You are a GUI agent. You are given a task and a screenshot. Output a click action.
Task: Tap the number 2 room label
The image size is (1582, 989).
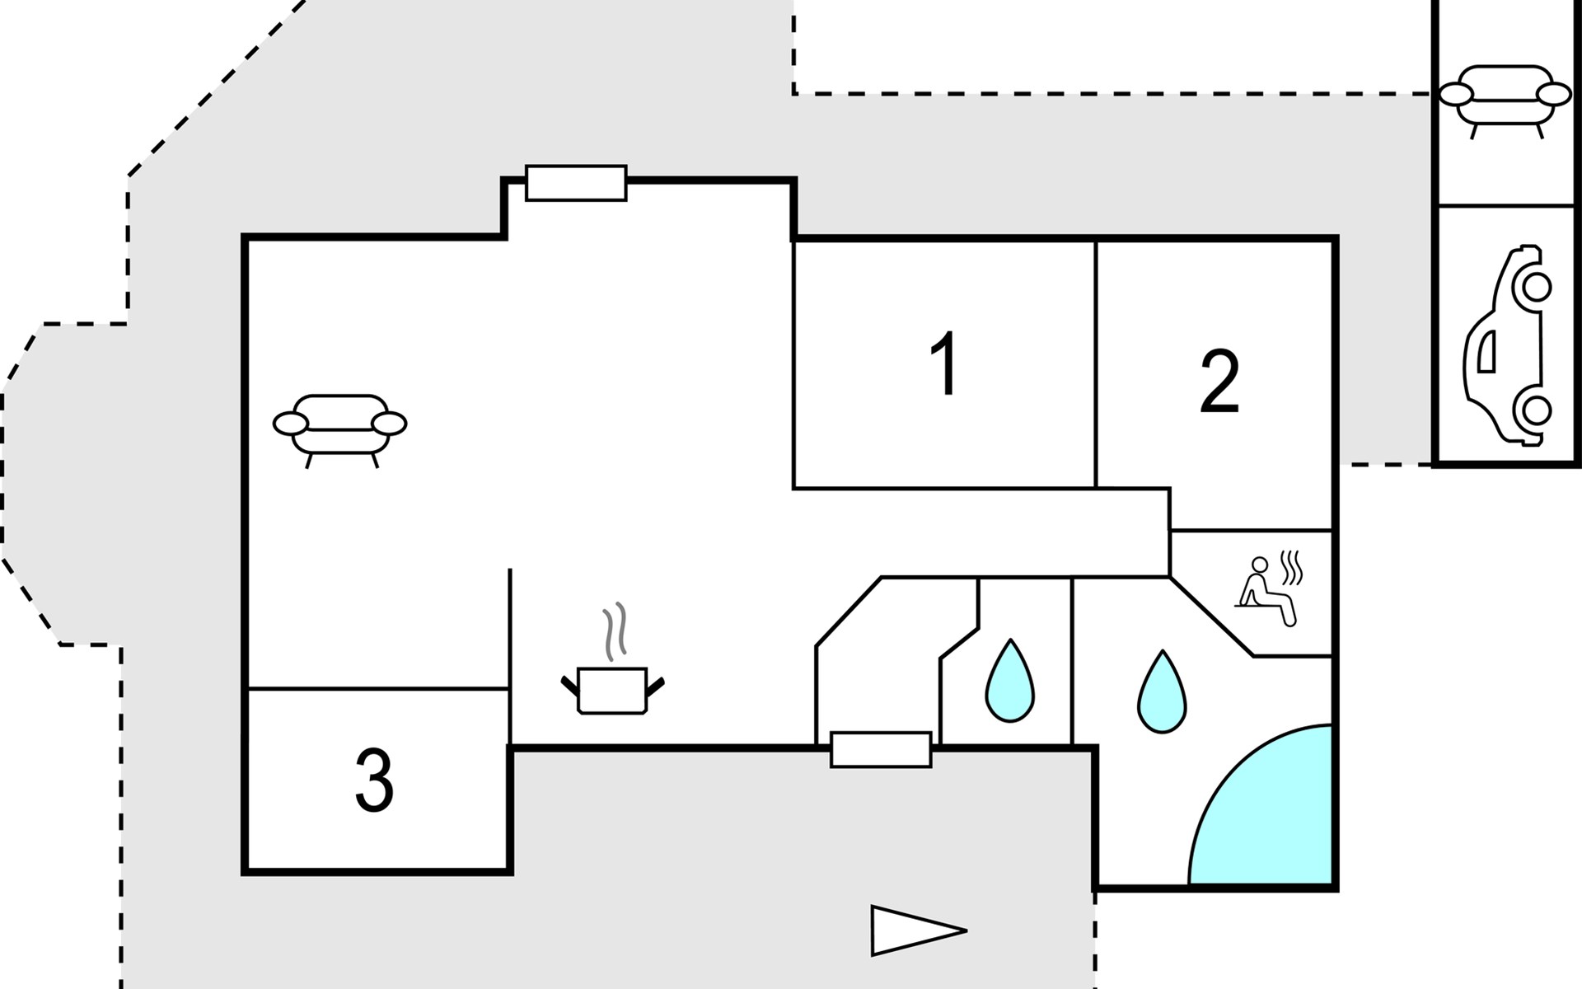point(1219,382)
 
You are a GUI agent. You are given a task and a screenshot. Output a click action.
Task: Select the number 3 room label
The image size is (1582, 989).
point(374,780)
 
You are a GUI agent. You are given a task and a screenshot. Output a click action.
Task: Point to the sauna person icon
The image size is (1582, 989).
point(1266,592)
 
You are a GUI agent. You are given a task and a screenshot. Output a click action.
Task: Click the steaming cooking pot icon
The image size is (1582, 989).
point(612,689)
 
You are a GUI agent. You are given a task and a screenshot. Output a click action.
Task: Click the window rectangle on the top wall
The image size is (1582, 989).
point(576,183)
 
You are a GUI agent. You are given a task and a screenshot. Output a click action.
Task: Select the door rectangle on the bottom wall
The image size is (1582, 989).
point(881,750)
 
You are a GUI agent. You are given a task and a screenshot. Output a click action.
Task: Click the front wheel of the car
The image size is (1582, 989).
point(1535,287)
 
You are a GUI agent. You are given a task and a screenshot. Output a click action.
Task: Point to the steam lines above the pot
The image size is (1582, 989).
point(615,631)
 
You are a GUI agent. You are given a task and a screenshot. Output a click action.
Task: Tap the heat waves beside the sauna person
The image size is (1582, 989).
point(1291,567)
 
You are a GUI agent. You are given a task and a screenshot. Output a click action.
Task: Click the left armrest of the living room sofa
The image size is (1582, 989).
point(290,424)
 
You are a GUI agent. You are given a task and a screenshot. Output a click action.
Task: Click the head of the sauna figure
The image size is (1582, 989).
point(1259,565)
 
